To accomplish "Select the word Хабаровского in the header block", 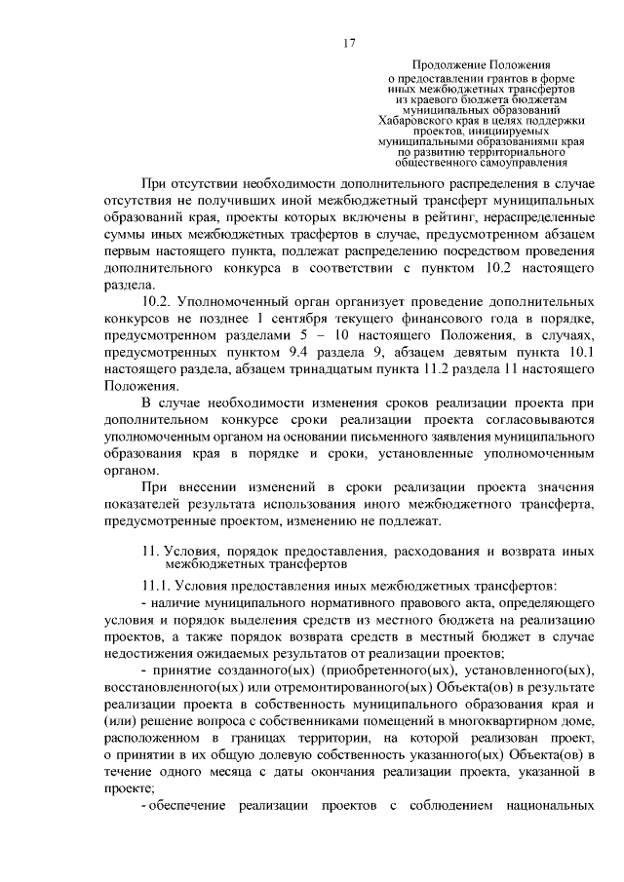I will [x=420, y=120].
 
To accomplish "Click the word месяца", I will [x=250, y=773].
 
